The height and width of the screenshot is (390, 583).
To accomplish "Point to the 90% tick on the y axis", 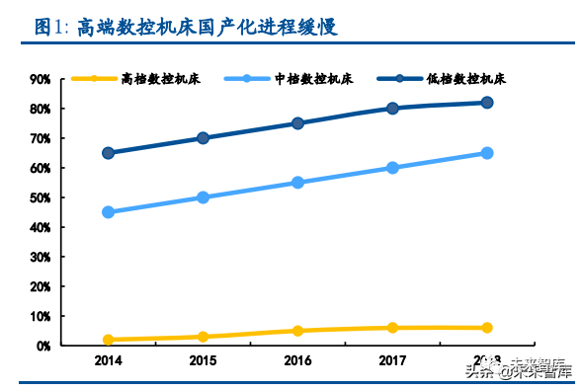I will pyautogui.click(x=41, y=79).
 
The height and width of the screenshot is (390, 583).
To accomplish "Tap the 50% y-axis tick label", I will pyautogui.click(x=41, y=197).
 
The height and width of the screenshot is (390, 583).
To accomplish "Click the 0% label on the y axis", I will pyautogui.click(x=43, y=346).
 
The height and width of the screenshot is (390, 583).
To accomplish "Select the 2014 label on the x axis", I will pyautogui.click(x=108, y=361).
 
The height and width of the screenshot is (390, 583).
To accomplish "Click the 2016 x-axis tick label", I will pyautogui.click(x=297, y=361).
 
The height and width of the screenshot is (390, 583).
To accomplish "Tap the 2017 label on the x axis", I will pyautogui.click(x=392, y=361).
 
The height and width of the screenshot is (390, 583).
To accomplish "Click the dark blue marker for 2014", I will pyautogui.click(x=108, y=153).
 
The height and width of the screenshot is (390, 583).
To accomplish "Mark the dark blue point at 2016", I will pyautogui.click(x=297, y=123).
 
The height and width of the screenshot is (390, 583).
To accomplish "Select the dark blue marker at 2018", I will pyautogui.click(x=487, y=103).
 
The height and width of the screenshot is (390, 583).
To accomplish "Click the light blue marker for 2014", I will pyautogui.click(x=108, y=212).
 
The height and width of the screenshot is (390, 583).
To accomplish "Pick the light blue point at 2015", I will pyautogui.click(x=203, y=197).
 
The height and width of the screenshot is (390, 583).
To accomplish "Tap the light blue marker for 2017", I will pyautogui.click(x=392, y=168).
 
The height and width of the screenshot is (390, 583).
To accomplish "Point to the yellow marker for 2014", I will pyautogui.click(x=108, y=340).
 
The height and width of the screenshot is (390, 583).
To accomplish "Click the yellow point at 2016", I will pyautogui.click(x=297, y=331).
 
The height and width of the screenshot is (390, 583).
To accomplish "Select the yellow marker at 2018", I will pyautogui.click(x=487, y=328).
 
